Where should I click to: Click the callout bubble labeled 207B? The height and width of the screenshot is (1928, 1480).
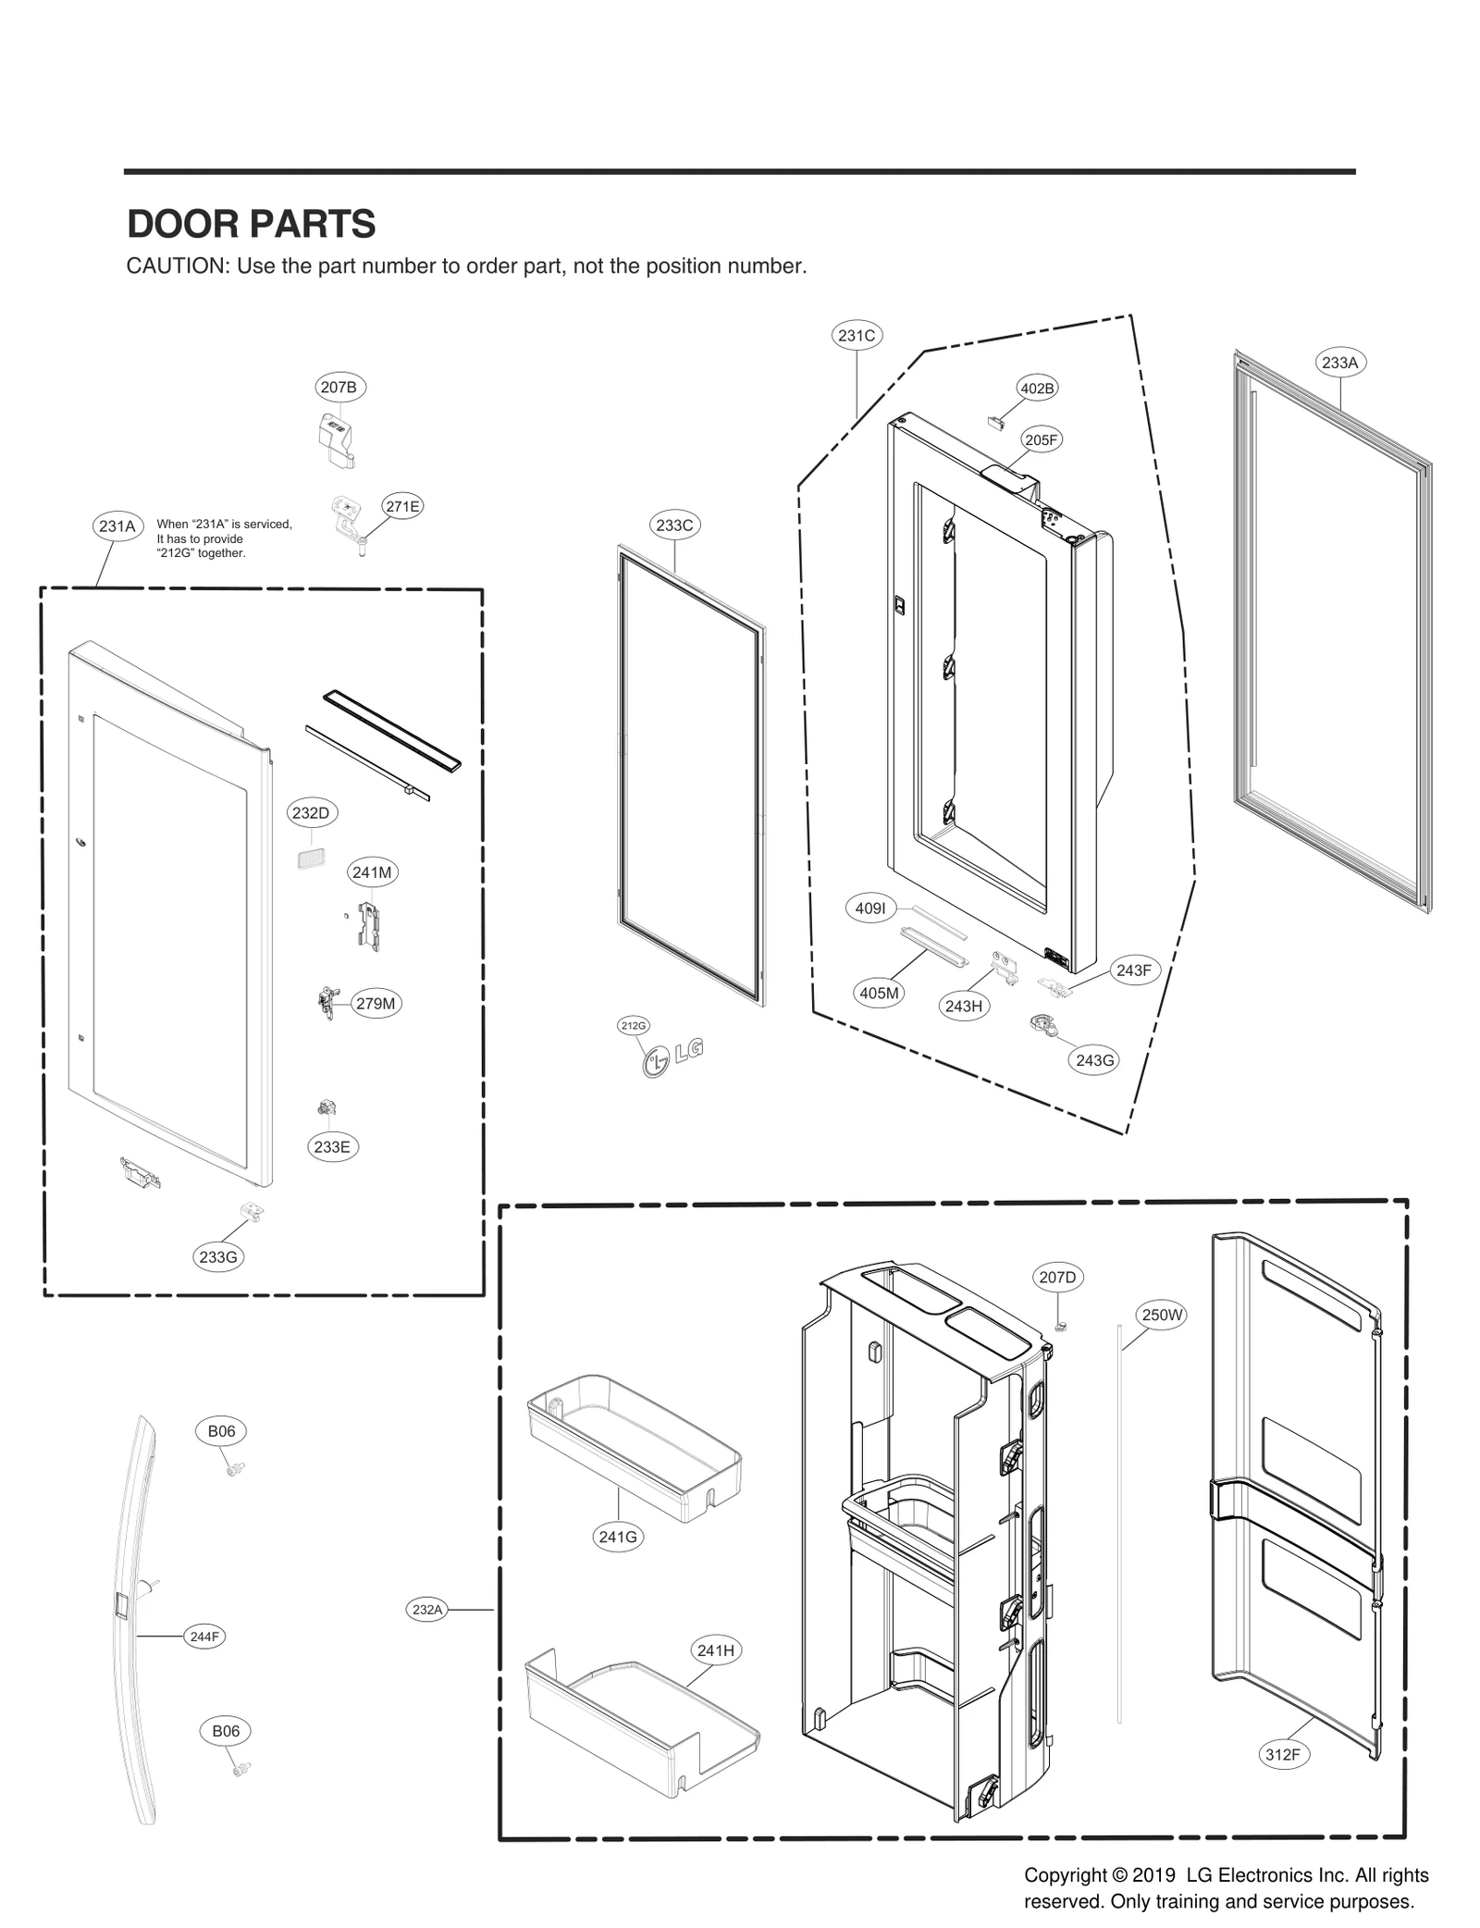tap(338, 388)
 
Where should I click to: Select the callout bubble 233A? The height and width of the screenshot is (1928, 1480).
tap(1339, 363)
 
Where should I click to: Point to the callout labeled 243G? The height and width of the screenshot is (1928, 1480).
tap(1094, 1060)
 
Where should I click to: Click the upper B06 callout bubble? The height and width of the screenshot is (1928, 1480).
tap(221, 1431)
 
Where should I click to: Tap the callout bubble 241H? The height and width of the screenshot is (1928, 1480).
tap(716, 1650)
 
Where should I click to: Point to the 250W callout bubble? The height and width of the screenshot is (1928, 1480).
tap(1162, 1315)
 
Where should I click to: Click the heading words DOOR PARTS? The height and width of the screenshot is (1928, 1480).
tap(251, 225)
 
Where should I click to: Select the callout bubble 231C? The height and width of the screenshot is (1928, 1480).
tap(856, 336)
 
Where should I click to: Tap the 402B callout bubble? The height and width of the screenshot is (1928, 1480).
tap(1037, 389)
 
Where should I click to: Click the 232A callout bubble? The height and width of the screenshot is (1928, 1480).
tap(427, 1610)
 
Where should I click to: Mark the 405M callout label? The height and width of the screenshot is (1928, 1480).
tap(879, 994)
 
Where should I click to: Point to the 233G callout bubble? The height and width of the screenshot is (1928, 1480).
tap(218, 1257)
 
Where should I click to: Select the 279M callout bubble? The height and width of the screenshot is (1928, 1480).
tap(376, 1004)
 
